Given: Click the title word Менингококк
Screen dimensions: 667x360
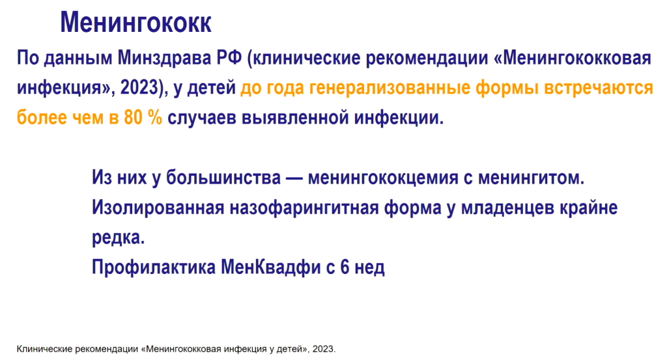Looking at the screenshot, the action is pyautogui.click(x=135, y=23).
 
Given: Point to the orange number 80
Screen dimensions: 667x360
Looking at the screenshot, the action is pyautogui.click(x=133, y=117).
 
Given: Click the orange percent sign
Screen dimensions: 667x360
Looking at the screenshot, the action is pyautogui.click(x=155, y=117).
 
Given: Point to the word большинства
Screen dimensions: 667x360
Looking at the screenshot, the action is pyautogui.click(x=223, y=178).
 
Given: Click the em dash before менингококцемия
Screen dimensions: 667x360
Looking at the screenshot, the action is pyautogui.click(x=294, y=178).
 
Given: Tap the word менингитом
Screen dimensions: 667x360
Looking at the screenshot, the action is pyautogui.click(x=532, y=178).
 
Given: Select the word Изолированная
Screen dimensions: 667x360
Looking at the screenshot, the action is pyautogui.click(x=158, y=208).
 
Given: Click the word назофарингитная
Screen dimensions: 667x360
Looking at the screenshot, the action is pyautogui.click(x=304, y=208).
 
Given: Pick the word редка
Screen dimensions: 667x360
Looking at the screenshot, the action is pyautogui.click(x=119, y=238).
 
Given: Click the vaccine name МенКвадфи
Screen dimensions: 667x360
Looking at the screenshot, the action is pyautogui.click(x=270, y=268).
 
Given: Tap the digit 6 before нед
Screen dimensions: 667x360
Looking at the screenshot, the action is pyautogui.click(x=345, y=268).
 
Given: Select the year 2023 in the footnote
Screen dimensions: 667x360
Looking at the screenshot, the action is pyautogui.click(x=323, y=349).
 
